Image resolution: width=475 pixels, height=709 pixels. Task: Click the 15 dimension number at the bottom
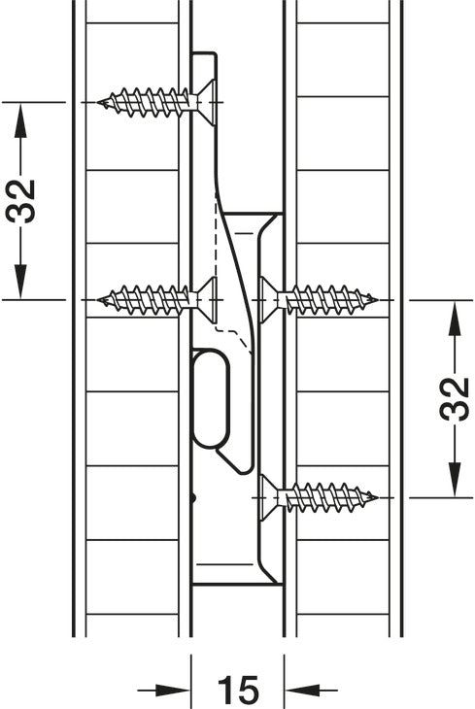(238, 690)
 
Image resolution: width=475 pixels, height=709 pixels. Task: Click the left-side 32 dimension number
(21, 201)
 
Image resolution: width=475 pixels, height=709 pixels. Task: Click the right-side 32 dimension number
(455, 399)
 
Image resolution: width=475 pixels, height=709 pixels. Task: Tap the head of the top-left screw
(206, 103)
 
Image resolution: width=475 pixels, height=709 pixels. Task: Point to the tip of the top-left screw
(99, 103)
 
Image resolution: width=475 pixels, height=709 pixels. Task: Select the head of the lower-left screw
(206, 300)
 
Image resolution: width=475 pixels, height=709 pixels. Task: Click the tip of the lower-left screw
(99, 300)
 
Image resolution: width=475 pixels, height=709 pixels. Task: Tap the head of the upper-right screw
(269, 300)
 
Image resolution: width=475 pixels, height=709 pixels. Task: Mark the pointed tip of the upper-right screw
(376, 300)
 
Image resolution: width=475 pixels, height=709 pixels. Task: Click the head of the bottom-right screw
(269, 498)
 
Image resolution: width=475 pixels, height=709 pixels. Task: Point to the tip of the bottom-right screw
(376, 498)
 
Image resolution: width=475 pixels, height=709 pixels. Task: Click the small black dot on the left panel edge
(193, 498)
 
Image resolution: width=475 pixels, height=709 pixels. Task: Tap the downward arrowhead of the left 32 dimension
(20, 282)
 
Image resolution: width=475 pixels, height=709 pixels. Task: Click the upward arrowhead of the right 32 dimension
(455, 318)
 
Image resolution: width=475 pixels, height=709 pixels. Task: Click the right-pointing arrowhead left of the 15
(173, 691)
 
